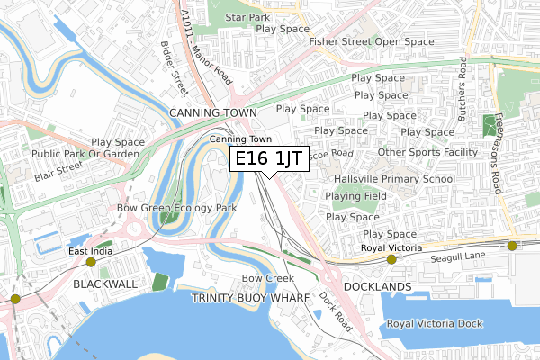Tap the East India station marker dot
click(91, 262)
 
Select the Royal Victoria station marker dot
click(391, 259)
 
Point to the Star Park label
click(247, 17)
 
